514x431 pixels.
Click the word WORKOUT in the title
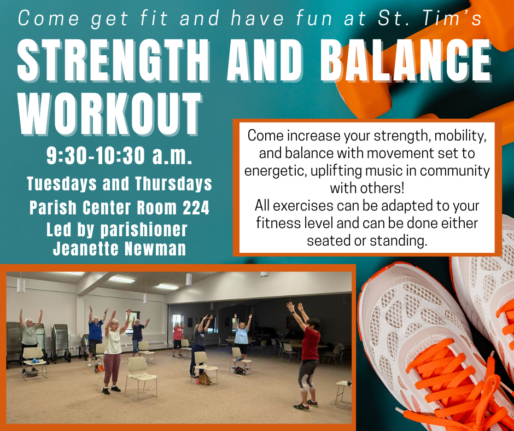click(x=109, y=113)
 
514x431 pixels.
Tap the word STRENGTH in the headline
click(x=113, y=60)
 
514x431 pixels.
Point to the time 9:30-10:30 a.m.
click(x=119, y=155)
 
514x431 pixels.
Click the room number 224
click(x=196, y=208)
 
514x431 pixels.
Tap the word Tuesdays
click(x=62, y=183)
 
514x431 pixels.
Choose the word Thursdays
click(x=173, y=183)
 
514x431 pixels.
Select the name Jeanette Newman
click(x=119, y=248)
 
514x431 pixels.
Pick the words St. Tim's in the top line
click(x=430, y=18)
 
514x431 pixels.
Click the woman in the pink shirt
click(x=178, y=340)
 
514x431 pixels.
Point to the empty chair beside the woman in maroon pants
click(x=139, y=377)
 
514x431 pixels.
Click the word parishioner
click(x=144, y=230)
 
